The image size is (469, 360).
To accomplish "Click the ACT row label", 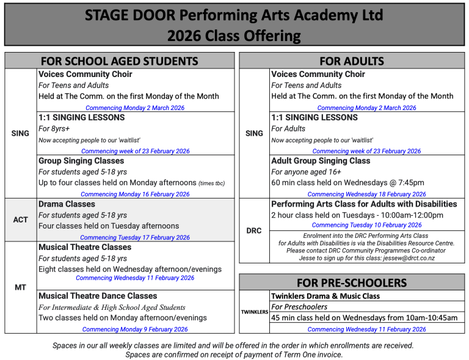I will click(20, 219).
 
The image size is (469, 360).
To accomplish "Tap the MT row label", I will click(20, 287).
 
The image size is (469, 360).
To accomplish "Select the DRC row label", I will click(254, 230).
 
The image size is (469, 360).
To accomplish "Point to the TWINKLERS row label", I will click(254, 312).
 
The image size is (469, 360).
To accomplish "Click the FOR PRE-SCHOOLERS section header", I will click(351, 282).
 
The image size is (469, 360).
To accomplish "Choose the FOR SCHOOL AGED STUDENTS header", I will click(119, 61).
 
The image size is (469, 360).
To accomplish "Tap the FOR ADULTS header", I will click(352, 61).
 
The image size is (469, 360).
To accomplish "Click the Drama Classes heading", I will click(67, 204).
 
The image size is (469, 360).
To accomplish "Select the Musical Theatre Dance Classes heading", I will click(98, 296).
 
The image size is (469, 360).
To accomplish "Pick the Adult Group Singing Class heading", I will click(321, 161).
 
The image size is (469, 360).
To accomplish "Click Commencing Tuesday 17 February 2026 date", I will click(135, 238).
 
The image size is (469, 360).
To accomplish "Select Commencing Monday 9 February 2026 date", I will click(135, 329).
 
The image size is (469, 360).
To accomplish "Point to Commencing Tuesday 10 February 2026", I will click(366, 225).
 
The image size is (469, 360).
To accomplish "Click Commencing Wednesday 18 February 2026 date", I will click(366, 194).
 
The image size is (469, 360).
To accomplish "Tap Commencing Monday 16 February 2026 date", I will click(135, 194).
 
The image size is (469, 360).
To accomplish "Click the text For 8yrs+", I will click(54, 129).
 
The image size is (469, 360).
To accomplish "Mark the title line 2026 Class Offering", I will click(234, 36).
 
